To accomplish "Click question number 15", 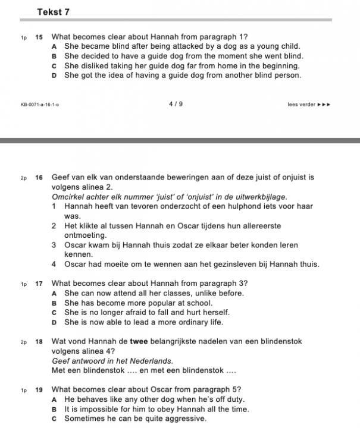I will tap(39, 37).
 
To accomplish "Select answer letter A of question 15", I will tap(54, 46).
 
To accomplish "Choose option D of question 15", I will tap(54, 75).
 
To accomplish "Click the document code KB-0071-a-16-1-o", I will tap(40, 105).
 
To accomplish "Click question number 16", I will tap(39, 177).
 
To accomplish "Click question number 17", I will tap(39, 282).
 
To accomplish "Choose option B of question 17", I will tap(54, 303).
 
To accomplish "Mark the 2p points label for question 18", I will tap(23, 342).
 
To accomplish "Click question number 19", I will tap(39, 389).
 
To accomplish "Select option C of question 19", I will tap(54, 418).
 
